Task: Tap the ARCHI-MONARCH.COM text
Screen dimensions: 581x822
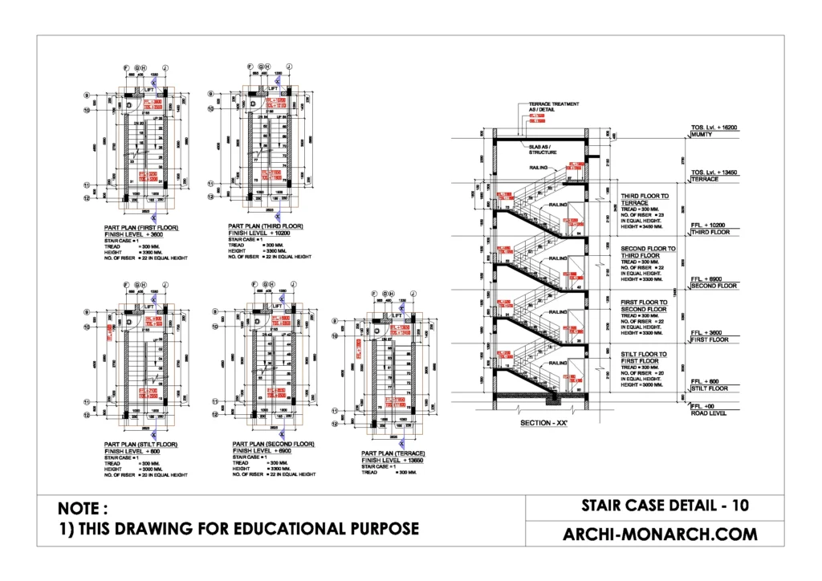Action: pyautogui.click(x=660, y=534)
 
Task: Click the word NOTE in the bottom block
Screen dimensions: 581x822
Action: pyautogui.click(x=82, y=509)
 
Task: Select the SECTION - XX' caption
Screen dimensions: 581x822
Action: pyautogui.click(x=543, y=423)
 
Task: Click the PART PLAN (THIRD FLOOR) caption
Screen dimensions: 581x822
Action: pyautogui.click(x=266, y=226)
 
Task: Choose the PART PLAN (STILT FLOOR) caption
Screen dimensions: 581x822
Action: pyautogui.click(x=141, y=443)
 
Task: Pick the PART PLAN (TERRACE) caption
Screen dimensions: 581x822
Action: pyautogui.click(x=393, y=453)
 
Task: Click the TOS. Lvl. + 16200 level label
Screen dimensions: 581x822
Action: pyautogui.click(x=714, y=128)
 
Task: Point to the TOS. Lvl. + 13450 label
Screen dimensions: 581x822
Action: pyautogui.click(x=714, y=173)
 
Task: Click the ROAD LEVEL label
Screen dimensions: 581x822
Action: pyautogui.click(x=707, y=414)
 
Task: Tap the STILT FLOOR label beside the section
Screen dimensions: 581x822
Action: pyautogui.click(x=708, y=388)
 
